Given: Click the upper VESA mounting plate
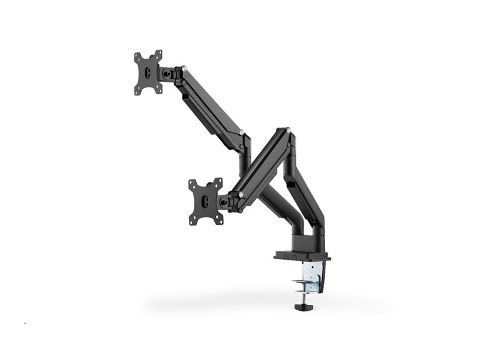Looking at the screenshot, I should pyautogui.click(x=148, y=72).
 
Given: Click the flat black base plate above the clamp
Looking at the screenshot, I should pyautogui.click(x=302, y=256).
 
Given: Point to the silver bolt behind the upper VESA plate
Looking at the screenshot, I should pyautogui.click(x=184, y=68).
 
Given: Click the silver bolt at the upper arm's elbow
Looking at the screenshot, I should pyautogui.click(x=241, y=131).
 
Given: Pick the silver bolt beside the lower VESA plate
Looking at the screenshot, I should pyautogui.click(x=241, y=194).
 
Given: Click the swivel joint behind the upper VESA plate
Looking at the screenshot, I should pyautogui.click(x=168, y=73).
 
